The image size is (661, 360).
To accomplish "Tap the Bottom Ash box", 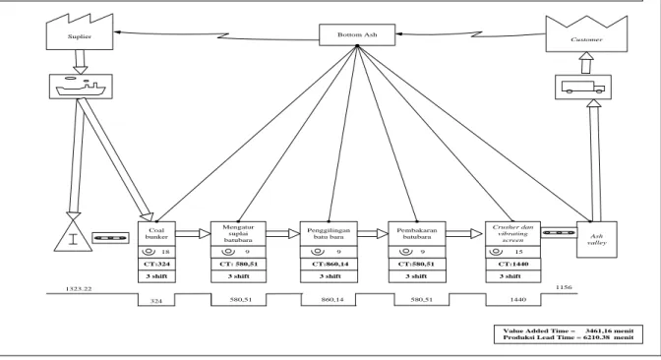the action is [357, 35].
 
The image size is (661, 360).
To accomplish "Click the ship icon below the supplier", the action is [81, 87].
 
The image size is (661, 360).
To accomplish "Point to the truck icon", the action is [583, 88].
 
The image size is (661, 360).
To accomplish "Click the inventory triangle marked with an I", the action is [74, 236].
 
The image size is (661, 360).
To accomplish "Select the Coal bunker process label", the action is [156, 233].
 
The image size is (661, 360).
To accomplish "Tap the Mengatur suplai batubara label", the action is [238, 233].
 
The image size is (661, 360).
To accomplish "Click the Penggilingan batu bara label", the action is [329, 233].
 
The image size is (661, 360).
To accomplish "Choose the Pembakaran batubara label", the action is [417, 233].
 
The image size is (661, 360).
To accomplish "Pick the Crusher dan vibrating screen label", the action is [513, 233].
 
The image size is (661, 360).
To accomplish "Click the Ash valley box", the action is [597, 239].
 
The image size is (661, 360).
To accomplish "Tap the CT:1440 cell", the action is [513, 265].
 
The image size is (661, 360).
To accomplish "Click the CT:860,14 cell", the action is [329, 265].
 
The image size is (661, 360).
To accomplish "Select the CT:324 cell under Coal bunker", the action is [156, 265].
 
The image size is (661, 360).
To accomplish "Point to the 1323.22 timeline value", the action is [79, 289].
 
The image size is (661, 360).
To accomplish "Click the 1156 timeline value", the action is [564, 287].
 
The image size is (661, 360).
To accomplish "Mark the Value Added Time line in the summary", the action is [569, 330].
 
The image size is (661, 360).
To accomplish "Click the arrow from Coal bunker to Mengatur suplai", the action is [193, 233].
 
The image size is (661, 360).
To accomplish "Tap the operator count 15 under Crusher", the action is [519, 252].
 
